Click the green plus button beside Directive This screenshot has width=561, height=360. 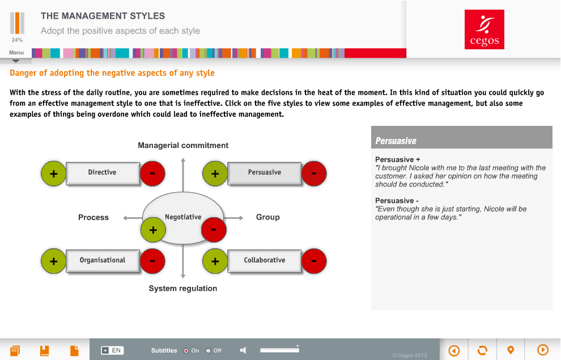point(54,174)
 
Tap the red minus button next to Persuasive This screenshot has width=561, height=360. point(314,174)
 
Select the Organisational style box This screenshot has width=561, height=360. point(103,261)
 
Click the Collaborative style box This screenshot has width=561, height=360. point(265,261)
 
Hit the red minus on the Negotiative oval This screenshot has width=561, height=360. point(214,230)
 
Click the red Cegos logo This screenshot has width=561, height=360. point(484,29)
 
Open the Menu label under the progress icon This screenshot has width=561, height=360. point(16,53)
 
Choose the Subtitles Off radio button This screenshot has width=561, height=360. point(208,351)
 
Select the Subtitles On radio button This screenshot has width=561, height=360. point(186,351)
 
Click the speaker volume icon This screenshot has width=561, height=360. point(243,350)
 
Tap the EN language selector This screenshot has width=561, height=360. point(112,350)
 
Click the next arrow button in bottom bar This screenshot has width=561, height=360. point(543,350)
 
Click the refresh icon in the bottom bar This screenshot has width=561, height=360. point(482,350)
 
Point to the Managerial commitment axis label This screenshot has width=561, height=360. point(183,145)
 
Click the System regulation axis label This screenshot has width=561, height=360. point(183,289)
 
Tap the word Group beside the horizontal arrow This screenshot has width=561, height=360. point(268,217)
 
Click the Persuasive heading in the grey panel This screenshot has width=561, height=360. point(396,141)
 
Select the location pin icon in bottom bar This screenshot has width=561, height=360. point(511,350)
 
